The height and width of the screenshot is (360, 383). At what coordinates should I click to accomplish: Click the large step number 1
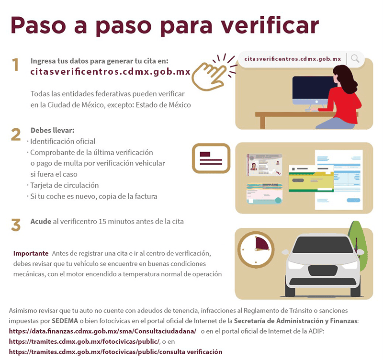pyautogui.click(x=16, y=65)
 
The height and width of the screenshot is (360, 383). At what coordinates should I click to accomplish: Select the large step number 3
pyautogui.click(x=16, y=225)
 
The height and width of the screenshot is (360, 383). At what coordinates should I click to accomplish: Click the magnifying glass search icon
pyautogui.click(x=355, y=59)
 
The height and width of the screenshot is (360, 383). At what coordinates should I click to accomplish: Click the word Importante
pyautogui.click(x=31, y=253)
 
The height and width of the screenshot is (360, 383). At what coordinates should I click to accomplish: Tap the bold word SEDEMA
pyautogui.click(x=65, y=320)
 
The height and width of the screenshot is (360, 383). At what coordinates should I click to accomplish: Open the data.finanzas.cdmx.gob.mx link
pyautogui.click(x=102, y=331)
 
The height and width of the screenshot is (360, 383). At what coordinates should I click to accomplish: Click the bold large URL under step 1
pyautogui.click(x=110, y=72)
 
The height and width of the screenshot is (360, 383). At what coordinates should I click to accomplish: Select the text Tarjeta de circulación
pyautogui.click(x=65, y=185)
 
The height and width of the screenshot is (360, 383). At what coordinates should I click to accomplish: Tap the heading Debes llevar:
pyautogui.click(x=52, y=130)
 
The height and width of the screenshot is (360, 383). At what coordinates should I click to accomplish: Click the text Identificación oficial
pyautogui.click(x=63, y=141)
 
